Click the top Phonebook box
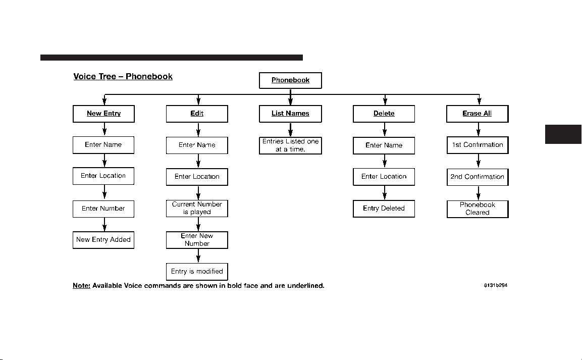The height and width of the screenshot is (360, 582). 290,81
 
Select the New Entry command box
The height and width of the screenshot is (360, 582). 103,114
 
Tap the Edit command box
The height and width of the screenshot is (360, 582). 197,114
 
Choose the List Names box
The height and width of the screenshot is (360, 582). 290,114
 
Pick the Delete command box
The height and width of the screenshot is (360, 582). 384,114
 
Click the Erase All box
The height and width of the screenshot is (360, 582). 478,114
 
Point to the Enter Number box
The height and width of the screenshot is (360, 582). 103,209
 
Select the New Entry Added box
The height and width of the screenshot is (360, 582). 103,240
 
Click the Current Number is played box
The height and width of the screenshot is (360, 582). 197,209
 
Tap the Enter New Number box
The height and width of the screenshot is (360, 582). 197,240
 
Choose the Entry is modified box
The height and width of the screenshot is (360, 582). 197,272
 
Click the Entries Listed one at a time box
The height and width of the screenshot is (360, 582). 290,145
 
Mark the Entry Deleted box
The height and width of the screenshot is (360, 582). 384,209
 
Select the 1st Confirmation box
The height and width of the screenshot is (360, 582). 478,145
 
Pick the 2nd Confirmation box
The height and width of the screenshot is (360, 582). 478,177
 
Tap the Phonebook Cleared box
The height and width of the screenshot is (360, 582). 478,209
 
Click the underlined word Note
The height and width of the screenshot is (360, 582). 81,286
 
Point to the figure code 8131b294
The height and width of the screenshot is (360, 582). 496,285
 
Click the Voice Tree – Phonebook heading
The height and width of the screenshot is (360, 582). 123,76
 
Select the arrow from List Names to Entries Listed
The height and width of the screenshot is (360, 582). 290,130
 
